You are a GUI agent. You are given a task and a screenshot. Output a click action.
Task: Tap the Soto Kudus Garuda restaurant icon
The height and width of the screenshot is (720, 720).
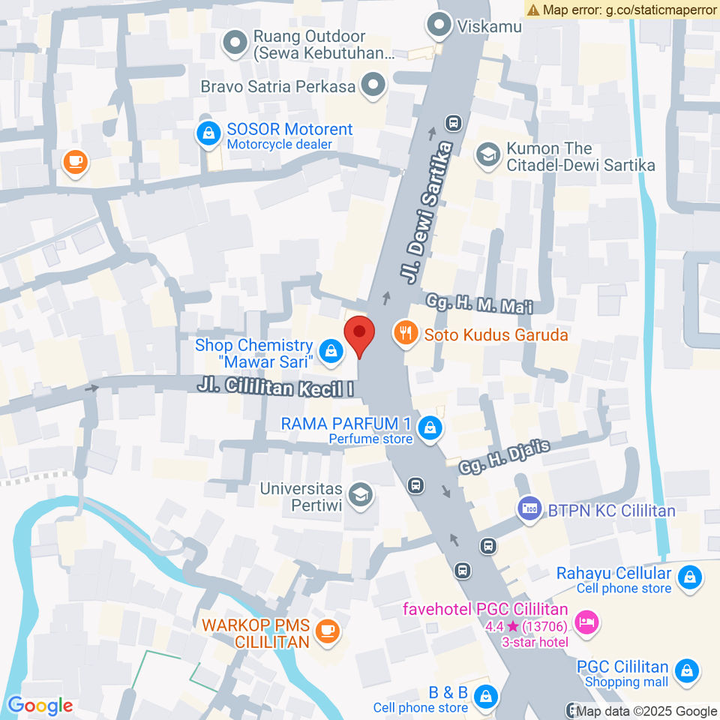(x=406, y=333)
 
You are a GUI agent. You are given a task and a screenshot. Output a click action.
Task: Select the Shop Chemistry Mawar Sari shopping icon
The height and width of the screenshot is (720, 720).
(x=330, y=349)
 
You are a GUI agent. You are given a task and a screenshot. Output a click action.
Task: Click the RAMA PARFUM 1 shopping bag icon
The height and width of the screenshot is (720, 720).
(x=430, y=427)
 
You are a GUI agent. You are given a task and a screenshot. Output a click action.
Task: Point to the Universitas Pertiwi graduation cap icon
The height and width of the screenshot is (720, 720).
(x=361, y=495)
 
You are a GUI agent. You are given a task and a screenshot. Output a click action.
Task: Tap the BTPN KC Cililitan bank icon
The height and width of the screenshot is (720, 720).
(x=529, y=508)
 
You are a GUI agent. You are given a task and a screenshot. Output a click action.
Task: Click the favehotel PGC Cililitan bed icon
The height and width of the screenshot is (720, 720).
(x=585, y=621)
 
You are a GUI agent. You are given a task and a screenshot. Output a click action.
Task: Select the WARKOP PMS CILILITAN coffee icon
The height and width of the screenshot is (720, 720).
(x=327, y=631)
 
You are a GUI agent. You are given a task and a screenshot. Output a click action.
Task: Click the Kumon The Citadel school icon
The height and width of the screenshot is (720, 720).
(x=488, y=155)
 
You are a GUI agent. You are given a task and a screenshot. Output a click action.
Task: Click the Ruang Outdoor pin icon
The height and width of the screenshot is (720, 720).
(x=235, y=43)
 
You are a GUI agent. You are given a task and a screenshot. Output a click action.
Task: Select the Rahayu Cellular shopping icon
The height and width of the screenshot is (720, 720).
(x=688, y=577)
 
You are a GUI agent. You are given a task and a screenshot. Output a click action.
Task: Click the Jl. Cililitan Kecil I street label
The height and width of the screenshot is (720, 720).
(x=276, y=387)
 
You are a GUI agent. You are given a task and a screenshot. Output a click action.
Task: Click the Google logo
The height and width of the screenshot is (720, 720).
(x=40, y=705)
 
